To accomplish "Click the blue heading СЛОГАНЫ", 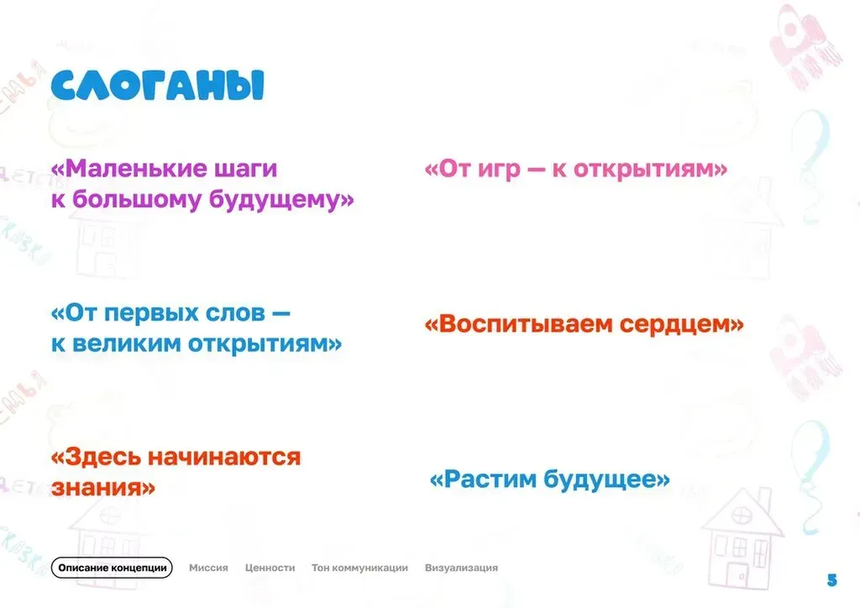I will tap(157, 86).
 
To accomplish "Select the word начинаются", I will tap(224, 458).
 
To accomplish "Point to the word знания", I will tap(103, 487).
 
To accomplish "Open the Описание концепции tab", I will tap(112, 568).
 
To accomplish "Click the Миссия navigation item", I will tap(208, 568).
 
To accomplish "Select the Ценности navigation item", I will tap(270, 568).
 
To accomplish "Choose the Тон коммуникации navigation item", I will tap(359, 568).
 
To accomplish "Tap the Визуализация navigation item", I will tap(461, 568).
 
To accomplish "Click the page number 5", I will tap(832, 579).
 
